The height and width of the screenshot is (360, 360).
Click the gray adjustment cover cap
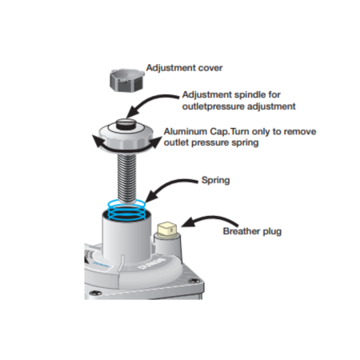coord(126,80)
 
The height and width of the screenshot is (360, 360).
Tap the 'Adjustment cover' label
coord(184,68)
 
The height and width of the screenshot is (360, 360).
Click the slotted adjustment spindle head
coord(126,124)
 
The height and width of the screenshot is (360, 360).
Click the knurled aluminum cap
coord(126,137)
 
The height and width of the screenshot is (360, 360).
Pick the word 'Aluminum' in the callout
coord(186,131)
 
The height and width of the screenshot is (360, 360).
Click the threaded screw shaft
coord(126,178)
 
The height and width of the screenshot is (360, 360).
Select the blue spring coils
coord(126,210)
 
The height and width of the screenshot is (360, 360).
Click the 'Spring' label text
coord(215,180)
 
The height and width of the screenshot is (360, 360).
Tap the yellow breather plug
coord(167,230)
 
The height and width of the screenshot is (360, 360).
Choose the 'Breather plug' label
coord(252,231)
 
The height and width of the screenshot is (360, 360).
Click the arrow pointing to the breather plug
coord(210,219)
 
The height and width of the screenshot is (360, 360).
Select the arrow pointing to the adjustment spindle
coord(150,102)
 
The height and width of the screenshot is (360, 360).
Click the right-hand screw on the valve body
coord(194,281)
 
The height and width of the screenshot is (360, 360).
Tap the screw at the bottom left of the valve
coord(94,293)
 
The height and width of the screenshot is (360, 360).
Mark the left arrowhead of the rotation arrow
coord(97,141)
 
